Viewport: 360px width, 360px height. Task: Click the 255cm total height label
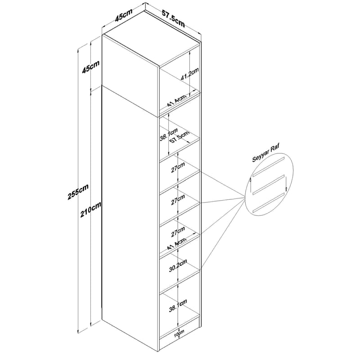(78, 192)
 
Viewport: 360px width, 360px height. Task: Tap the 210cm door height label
(91, 210)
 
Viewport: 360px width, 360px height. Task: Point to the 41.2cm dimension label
(189, 74)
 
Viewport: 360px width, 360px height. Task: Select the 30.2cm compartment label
(178, 265)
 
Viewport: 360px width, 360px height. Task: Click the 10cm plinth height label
(179, 333)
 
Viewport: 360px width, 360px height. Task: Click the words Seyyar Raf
(265, 153)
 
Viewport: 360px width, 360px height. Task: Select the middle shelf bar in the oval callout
(268, 184)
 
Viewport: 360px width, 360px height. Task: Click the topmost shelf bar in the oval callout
(268, 167)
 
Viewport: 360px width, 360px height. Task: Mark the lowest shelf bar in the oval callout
(268, 202)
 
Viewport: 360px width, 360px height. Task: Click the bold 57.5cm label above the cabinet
(173, 18)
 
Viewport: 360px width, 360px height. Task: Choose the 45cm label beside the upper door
(91, 67)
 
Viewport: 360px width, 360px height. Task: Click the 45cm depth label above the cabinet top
(124, 15)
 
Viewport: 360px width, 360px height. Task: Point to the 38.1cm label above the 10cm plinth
(178, 306)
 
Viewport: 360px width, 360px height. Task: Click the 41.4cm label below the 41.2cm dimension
(176, 101)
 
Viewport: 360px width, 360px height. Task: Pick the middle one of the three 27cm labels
(178, 199)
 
